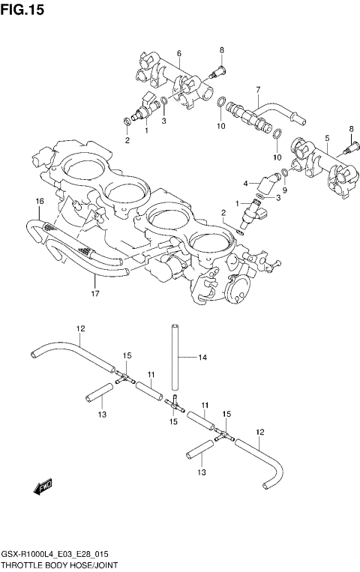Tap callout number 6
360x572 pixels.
[179, 52]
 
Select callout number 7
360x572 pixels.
[257, 89]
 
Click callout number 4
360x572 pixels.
[245, 183]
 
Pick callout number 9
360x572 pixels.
[284, 190]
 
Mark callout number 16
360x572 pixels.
[40, 200]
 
